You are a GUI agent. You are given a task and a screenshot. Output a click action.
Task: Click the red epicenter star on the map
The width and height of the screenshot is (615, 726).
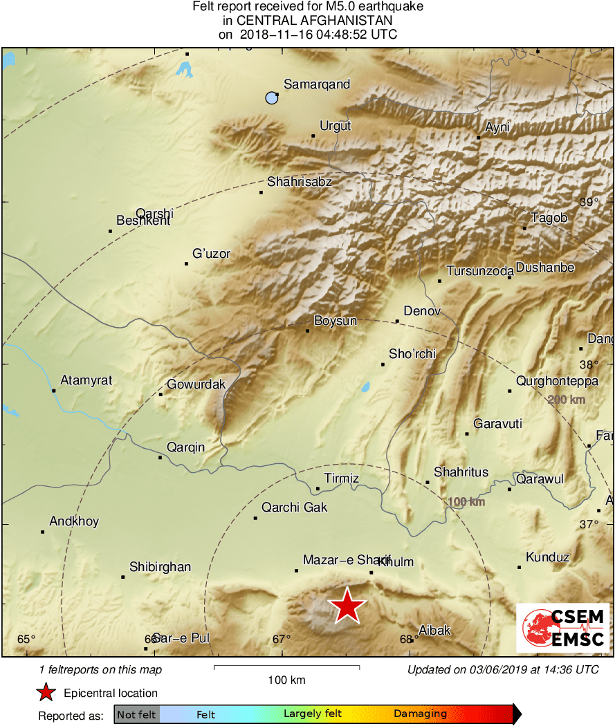(347, 606)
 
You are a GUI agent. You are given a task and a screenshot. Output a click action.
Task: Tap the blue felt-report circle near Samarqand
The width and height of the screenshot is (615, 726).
(272, 98)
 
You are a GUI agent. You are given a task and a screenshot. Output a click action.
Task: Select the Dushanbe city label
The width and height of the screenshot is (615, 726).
(545, 268)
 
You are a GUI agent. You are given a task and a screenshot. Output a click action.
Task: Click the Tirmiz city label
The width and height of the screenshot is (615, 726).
(342, 478)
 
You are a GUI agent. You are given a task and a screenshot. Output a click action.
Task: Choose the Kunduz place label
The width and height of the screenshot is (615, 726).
(547, 557)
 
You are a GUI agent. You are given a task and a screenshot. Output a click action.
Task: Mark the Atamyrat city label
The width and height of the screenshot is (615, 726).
(86, 380)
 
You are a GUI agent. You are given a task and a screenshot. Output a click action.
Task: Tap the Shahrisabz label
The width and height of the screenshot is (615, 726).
(300, 183)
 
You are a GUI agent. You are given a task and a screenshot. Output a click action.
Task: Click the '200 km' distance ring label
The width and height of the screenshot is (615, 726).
(566, 400)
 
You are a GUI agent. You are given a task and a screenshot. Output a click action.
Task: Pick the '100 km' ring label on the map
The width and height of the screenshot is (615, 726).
(466, 502)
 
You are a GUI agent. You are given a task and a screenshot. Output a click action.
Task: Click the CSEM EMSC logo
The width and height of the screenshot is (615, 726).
(563, 628)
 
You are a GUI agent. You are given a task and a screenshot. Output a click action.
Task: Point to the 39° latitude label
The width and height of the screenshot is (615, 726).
(589, 203)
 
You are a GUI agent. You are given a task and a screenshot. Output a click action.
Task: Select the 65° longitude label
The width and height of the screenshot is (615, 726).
(26, 639)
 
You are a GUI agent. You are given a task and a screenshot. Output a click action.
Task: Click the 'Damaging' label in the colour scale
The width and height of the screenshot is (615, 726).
(421, 714)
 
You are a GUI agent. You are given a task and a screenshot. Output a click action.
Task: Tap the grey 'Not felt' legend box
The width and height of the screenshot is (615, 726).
(137, 714)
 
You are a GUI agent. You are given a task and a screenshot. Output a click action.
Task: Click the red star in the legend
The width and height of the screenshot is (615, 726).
(46, 693)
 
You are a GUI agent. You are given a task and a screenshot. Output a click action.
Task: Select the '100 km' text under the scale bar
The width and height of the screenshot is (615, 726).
(286, 680)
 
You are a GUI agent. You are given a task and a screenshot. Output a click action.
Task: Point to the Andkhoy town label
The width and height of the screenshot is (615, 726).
(74, 522)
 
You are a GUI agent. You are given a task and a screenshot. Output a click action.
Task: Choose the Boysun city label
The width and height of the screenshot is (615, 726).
(336, 321)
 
